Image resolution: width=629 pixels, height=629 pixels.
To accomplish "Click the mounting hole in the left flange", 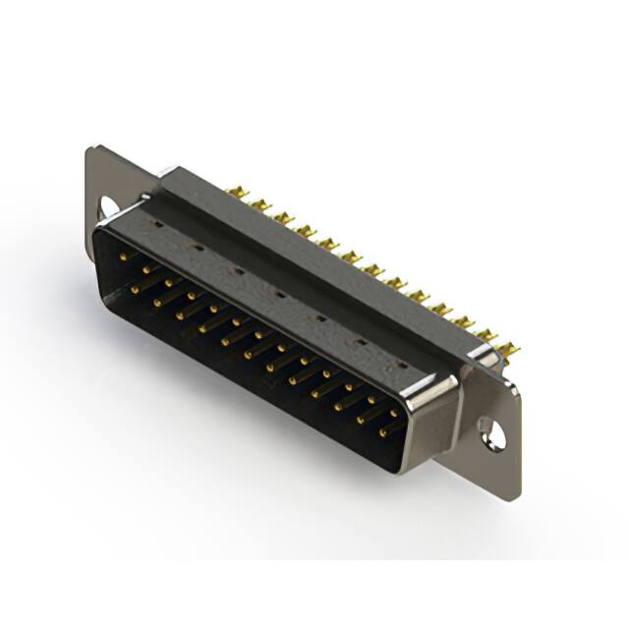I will [109, 206].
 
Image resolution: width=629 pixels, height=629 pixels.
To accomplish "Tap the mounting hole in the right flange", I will [488, 429].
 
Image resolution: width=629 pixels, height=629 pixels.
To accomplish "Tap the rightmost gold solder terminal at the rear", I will [508, 348].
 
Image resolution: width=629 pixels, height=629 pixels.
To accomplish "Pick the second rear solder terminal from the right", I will [486, 335].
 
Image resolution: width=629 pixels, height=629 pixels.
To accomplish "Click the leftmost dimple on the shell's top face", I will [156, 225].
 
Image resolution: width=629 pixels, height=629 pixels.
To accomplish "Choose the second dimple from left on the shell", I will [197, 248].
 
